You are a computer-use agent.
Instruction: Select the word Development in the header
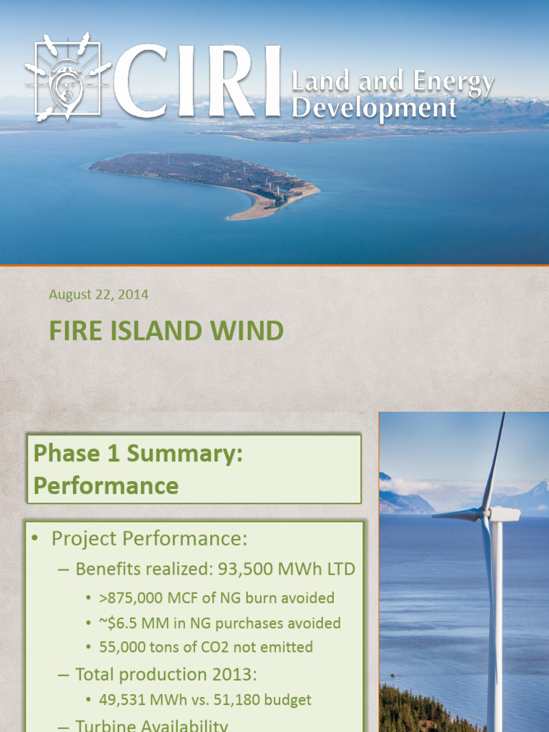click(375, 108)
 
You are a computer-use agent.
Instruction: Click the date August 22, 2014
click(98, 294)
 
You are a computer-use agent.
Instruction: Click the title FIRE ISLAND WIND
click(166, 331)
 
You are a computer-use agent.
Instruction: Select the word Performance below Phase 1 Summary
click(106, 486)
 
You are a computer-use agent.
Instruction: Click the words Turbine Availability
click(152, 726)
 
